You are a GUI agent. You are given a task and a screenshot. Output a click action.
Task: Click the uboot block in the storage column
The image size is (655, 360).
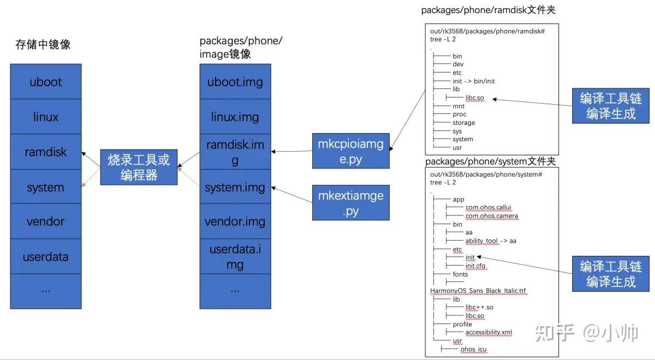point(46,82)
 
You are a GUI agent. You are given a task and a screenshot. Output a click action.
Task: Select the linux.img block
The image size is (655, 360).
point(235,117)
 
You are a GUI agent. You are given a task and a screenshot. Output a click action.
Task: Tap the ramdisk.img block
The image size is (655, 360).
point(235,152)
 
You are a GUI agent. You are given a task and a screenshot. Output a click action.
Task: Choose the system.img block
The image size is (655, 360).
point(235,188)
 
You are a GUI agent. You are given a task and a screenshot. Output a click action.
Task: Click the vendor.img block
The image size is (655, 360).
point(235,221)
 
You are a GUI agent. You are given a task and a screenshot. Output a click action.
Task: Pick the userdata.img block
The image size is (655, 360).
point(235,257)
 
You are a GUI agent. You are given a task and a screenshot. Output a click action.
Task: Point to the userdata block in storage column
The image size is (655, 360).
point(46,257)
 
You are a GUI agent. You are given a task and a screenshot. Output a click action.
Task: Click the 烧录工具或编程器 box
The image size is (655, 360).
point(139,167)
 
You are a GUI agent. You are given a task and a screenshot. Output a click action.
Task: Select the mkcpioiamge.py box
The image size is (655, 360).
point(351,151)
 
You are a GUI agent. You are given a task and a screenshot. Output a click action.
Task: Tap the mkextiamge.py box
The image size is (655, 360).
point(351,202)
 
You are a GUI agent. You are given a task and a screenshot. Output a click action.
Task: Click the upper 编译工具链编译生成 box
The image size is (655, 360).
point(611,106)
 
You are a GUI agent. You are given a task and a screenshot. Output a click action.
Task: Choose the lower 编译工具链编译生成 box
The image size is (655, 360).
point(611,274)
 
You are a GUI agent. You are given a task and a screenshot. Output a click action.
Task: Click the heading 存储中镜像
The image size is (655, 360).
point(43,45)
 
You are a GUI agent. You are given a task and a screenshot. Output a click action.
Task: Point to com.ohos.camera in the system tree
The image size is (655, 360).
point(492,216)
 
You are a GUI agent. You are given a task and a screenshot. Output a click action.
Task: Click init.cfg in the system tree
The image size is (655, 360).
point(475,266)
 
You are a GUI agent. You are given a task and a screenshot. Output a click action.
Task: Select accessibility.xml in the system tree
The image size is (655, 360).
point(489,332)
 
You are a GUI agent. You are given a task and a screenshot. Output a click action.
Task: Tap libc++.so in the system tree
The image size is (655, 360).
point(479,307)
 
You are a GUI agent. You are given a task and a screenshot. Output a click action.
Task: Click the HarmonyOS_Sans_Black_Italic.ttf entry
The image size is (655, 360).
point(478,291)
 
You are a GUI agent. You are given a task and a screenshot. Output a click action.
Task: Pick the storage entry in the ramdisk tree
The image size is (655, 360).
point(464,123)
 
